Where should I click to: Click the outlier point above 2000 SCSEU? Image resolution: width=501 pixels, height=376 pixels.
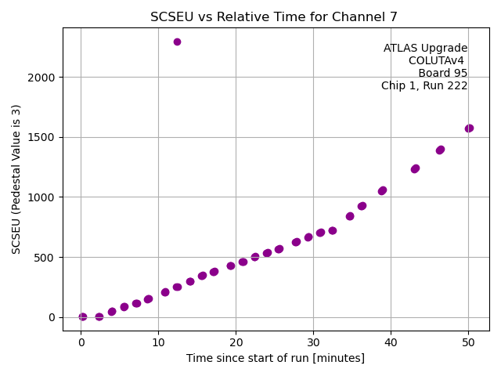point(177,42)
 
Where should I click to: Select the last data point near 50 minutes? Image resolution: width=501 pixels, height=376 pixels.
point(469,128)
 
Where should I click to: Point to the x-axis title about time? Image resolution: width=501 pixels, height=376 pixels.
point(276,358)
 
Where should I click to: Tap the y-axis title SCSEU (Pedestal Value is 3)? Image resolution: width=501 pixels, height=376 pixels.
point(16,179)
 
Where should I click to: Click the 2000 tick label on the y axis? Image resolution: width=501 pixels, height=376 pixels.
point(42,78)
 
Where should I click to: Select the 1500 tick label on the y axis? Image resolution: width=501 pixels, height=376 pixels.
point(42,137)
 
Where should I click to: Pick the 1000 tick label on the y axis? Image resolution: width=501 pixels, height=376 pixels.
point(42,197)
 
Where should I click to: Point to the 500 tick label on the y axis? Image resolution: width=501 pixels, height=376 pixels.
point(45,258)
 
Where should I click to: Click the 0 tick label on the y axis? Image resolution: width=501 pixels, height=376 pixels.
point(52,317)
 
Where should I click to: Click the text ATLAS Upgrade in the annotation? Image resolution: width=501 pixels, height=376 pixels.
point(425,49)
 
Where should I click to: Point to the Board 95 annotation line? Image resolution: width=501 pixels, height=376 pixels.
point(442,74)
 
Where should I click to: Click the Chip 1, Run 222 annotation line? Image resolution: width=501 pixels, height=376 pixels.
point(424,86)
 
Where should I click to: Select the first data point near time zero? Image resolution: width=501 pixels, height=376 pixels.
point(83,317)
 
